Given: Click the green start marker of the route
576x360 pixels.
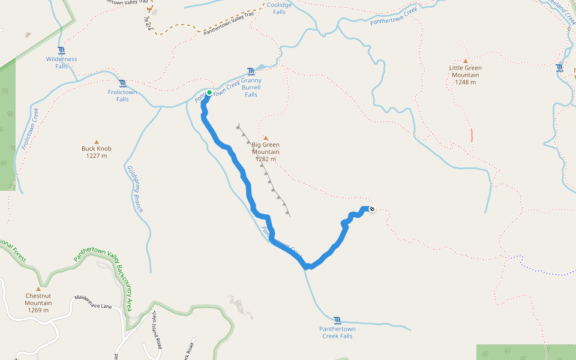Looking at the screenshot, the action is (209, 92).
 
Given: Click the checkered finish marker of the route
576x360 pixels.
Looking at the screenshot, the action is (372, 209).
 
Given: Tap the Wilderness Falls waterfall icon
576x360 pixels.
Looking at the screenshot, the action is (61, 50).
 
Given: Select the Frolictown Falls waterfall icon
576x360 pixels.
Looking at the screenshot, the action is (122, 83).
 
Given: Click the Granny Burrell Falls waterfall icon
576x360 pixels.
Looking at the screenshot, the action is (251, 71).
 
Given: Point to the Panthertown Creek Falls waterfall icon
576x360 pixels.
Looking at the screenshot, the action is (337, 320).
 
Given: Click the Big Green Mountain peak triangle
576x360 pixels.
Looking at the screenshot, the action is (266, 138).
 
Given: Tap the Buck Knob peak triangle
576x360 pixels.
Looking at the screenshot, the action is (97, 142).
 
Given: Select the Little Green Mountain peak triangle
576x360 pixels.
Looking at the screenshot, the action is (465, 61).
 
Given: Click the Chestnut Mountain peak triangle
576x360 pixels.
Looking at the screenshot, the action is (38, 289).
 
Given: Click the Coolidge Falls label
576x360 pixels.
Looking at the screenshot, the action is (279, 8).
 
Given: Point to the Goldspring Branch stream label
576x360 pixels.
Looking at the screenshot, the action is (135, 189).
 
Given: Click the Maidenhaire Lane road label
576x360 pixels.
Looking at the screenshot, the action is (93, 302).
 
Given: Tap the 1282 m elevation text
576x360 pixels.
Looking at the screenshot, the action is (265, 159).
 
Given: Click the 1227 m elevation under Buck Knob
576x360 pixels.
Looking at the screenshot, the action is (97, 156).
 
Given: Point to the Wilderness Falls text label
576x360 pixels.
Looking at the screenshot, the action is (61, 62).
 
